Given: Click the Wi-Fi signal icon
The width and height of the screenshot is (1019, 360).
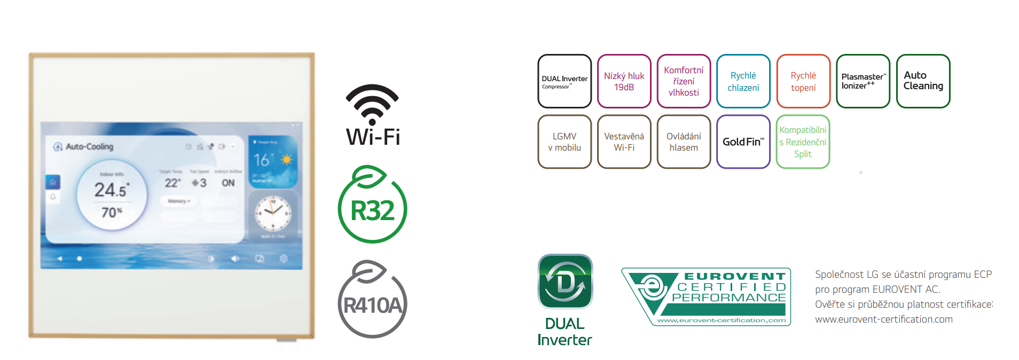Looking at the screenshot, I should [x=372, y=104].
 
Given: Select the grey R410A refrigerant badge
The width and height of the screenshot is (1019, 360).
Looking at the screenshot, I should [x=372, y=300].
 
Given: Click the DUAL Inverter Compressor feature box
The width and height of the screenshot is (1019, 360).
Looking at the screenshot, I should [x=565, y=81].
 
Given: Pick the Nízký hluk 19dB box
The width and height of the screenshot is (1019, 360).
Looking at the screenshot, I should [x=624, y=81].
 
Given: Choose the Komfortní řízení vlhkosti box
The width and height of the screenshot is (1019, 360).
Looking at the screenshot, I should [x=684, y=81].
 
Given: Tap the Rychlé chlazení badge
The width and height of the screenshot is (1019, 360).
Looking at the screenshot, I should [x=743, y=81].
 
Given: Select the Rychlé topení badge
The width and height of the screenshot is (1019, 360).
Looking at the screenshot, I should [x=803, y=81].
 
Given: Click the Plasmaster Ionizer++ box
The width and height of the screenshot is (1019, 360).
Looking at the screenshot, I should [x=863, y=81].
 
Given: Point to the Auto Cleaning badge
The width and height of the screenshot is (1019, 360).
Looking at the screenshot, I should [x=923, y=81].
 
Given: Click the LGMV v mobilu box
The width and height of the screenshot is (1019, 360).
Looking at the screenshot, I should [x=565, y=142].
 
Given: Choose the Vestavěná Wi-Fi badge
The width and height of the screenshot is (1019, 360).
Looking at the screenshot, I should [x=624, y=142].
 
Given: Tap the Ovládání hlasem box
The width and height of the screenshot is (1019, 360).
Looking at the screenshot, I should [x=684, y=142].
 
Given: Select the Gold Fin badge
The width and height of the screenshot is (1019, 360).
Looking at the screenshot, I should [x=743, y=142].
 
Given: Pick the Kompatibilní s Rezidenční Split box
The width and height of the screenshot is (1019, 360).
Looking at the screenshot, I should [x=803, y=142].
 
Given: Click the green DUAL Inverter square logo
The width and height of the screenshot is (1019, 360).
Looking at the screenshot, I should [x=565, y=281].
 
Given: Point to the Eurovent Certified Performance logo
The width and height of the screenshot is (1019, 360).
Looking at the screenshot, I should [x=706, y=297].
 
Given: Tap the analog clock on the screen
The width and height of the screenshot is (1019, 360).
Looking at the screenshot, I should [x=273, y=212].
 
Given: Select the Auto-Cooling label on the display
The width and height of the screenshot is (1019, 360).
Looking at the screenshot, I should [x=89, y=146].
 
